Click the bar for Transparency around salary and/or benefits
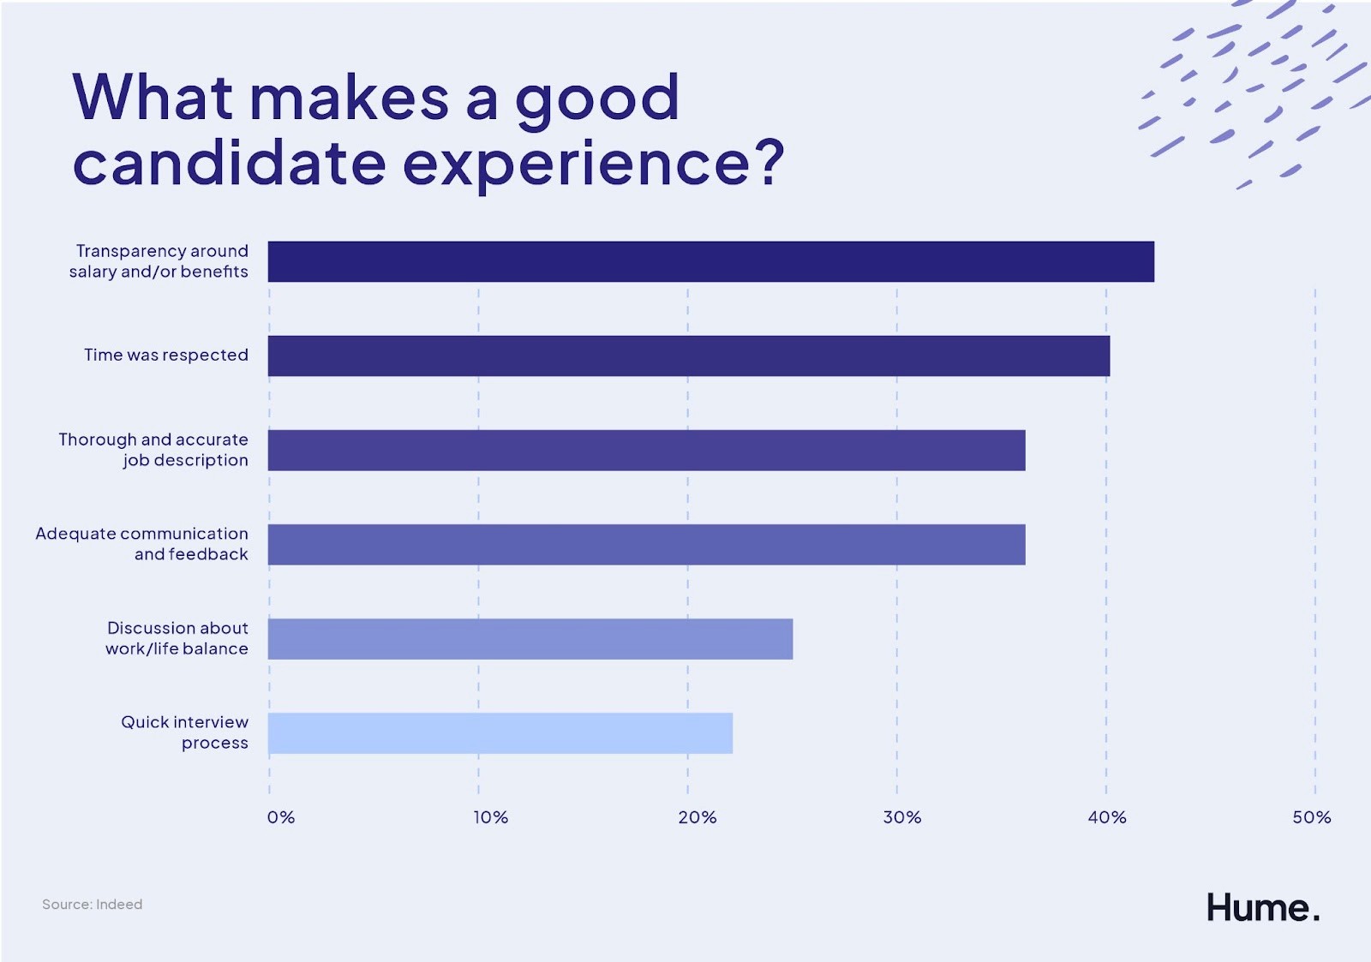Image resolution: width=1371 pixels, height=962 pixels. pos(710,261)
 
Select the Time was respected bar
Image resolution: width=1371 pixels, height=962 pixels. pos(688,356)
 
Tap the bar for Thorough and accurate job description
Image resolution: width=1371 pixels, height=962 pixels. pos(646,450)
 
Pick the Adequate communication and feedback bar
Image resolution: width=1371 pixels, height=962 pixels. pos(646,544)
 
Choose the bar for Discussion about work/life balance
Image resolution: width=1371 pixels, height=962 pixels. pos(530,638)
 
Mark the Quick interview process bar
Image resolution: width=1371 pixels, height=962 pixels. pos(500,732)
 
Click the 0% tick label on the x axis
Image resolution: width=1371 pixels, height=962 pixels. pos(281,817)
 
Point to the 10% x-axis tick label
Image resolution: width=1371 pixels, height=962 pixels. pos(490,817)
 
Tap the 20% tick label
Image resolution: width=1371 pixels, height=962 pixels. pos(697,817)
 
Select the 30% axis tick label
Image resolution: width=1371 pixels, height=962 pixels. pos(902,817)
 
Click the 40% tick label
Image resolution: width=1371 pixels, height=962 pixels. pos(1107,817)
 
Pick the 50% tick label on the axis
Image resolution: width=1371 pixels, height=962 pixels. pos(1312,817)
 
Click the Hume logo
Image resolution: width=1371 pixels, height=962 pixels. pos(1262,907)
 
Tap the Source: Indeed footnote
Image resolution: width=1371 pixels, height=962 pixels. pos(93,904)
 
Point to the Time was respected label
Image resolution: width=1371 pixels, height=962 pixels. pos(166,355)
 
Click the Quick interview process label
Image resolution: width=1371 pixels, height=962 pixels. pos(184,732)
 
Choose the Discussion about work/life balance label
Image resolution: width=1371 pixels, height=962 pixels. pos(177,638)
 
